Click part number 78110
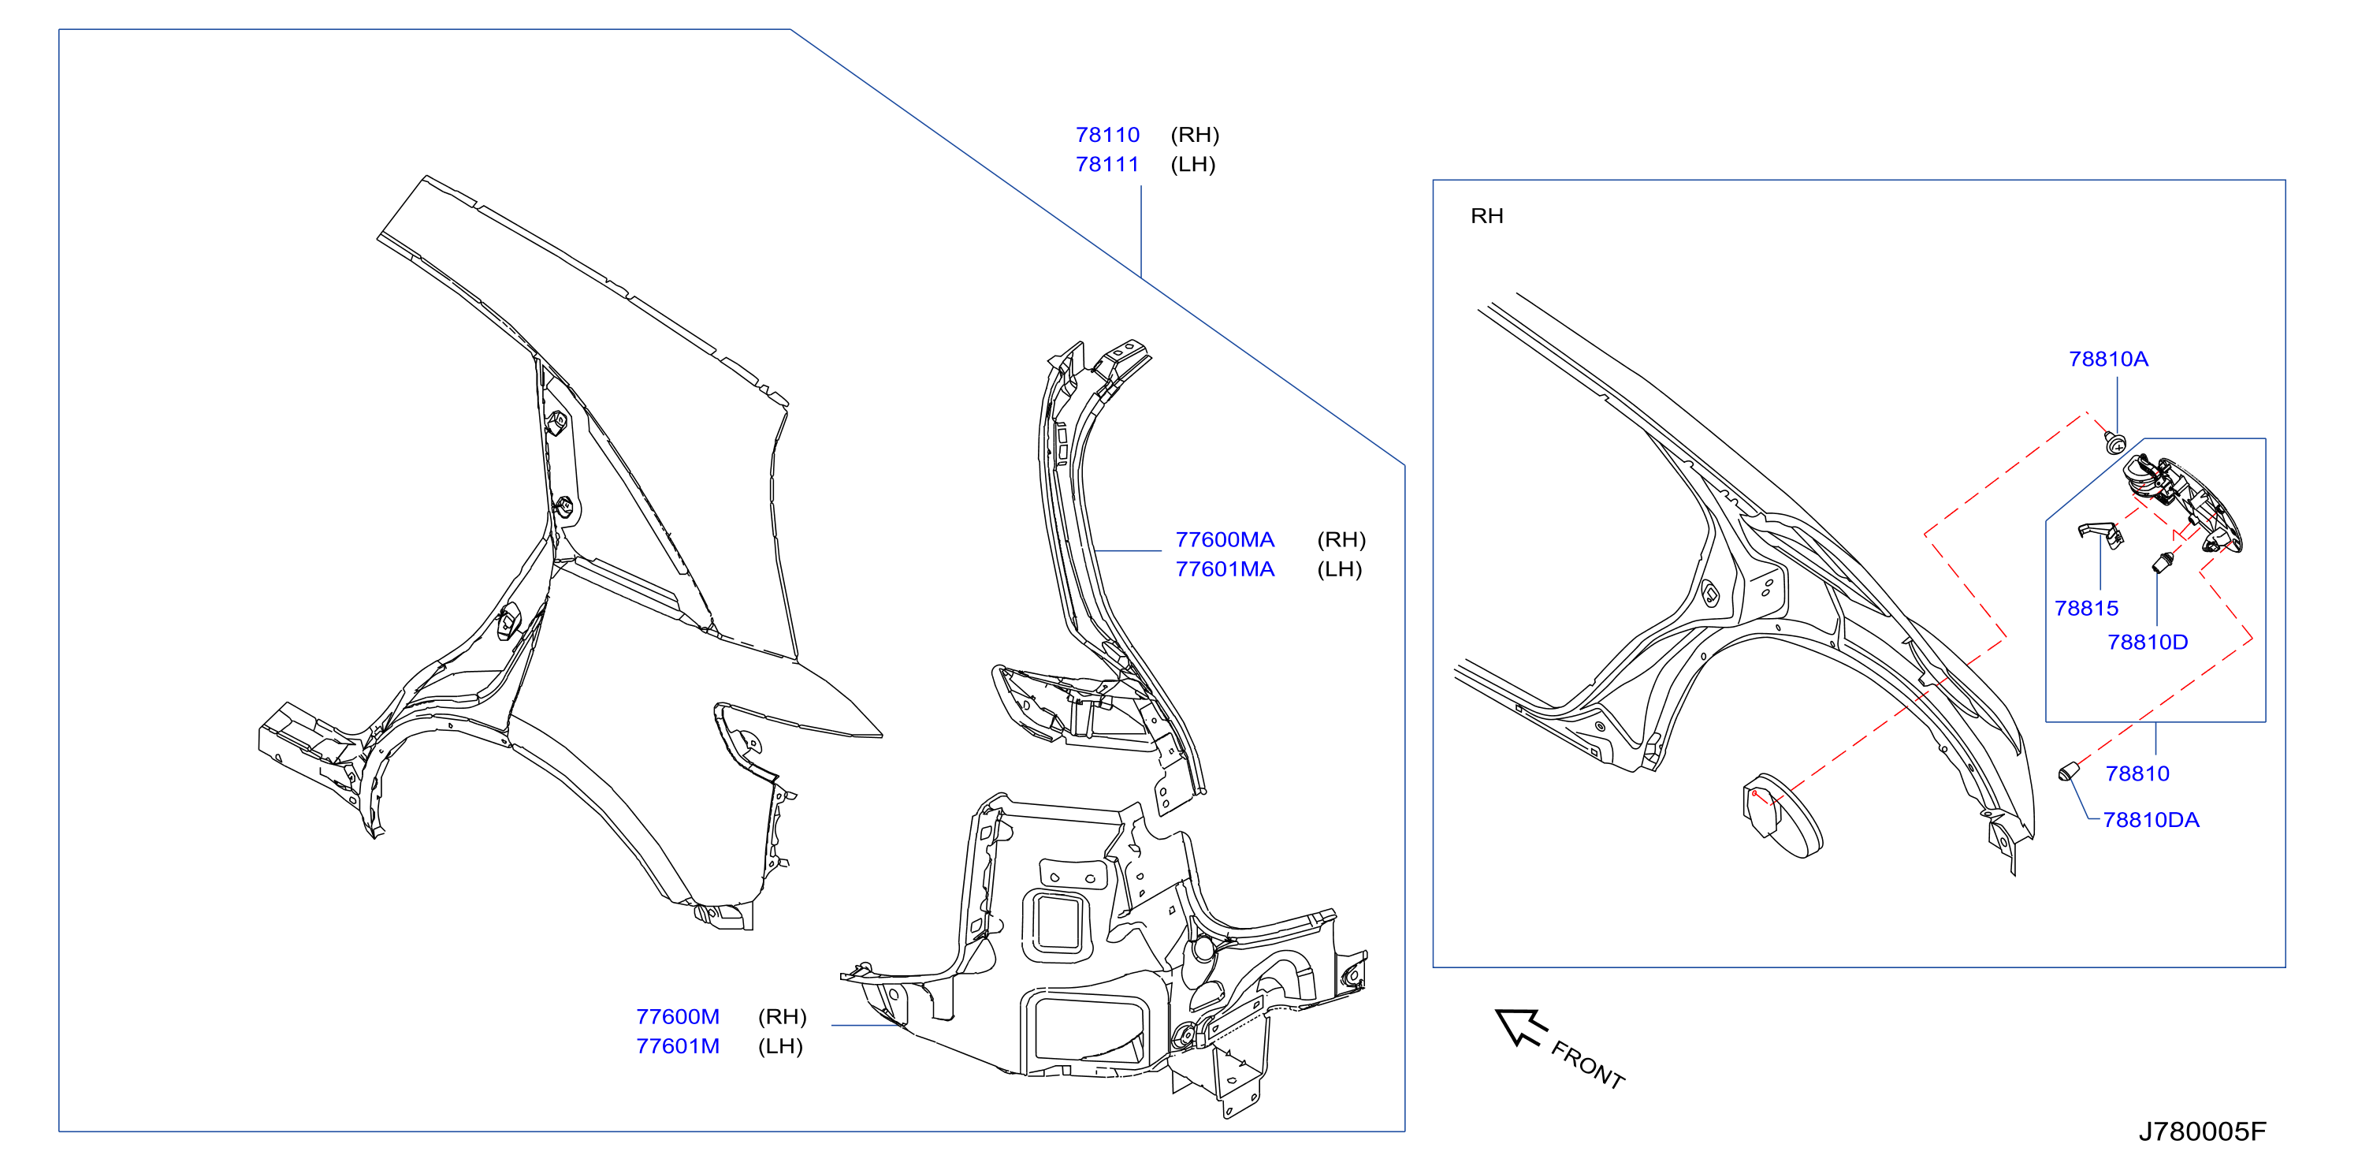click(1106, 136)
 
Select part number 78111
click(1106, 165)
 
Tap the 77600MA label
click(1224, 540)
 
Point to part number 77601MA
click(1224, 569)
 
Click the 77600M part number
click(678, 1017)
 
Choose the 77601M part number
click(678, 1046)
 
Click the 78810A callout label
click(2108, 359)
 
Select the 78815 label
click(2086, 609)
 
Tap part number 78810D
click(2148, 643)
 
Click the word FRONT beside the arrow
click(1587, 1064)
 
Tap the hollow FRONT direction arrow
click(1519, 1027)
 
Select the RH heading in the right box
click(1486, 216)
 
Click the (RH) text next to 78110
click(1195, 136)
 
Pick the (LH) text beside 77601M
click(780, 1046)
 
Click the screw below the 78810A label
click(2114, 443)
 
